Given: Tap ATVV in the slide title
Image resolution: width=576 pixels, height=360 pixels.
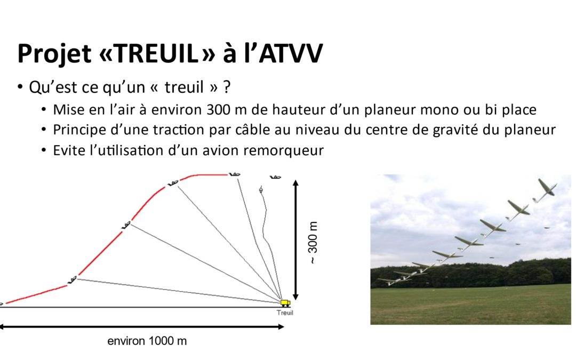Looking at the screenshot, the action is click(x=291, y=54).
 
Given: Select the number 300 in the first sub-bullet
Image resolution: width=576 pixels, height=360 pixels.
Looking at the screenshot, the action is click(x=218, y=110).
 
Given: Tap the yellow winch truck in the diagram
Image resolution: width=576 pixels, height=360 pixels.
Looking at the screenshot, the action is click(x=285, y=303).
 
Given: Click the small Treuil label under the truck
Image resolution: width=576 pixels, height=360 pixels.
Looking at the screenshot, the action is click(x=285, y=313).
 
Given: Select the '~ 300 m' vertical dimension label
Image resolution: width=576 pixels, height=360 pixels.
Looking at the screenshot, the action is click(x=313, y=243).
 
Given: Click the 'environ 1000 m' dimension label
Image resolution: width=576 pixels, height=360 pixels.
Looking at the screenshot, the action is click(x=147, y=341).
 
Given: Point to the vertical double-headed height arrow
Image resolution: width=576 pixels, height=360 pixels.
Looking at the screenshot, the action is click(x=295, y=240).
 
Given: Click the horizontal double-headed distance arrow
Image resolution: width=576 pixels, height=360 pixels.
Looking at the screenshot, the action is click(x=141, y=326).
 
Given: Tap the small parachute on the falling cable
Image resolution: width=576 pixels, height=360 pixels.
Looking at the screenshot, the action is click(x=261, y=189).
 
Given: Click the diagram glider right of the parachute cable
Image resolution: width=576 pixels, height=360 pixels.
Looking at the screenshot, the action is click(x=276, y=177).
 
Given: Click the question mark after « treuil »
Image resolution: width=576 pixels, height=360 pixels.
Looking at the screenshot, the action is click(x=227, y=87).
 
